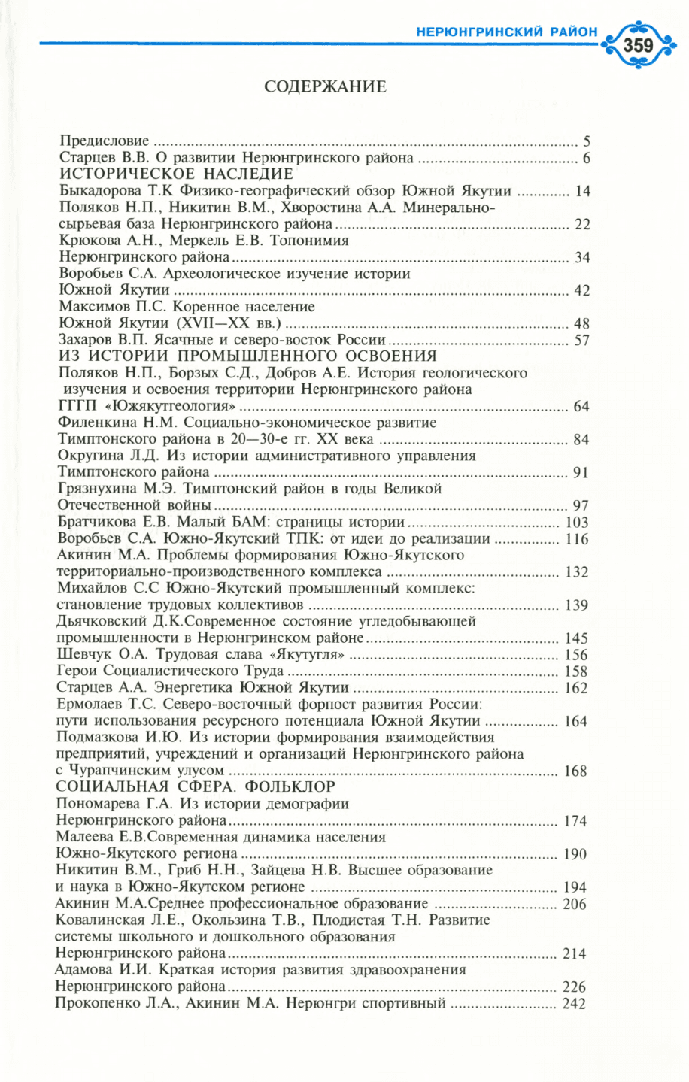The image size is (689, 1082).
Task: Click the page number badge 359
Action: (x=639, y=44)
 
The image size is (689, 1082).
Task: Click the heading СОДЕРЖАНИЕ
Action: (x=325, y=86)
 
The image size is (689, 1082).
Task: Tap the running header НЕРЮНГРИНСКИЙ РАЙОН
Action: (x=506, y=32)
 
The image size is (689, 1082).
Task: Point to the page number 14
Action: (x=582, y=191)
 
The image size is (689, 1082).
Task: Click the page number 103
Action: (x=576, y=523)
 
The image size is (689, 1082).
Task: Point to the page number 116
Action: (x=576, y=539)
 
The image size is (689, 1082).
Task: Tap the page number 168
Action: (x=576, y=771)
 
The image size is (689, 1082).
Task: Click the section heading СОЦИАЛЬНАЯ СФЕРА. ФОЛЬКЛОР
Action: (x=196, y=786)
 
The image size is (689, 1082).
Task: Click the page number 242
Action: (x=574, y=1004)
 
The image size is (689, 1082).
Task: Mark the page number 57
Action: (x=581, y=341)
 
